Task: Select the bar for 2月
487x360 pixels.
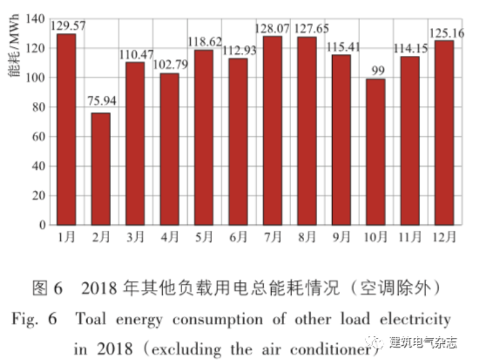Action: (101, 169)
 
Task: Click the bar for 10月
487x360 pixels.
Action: (375, 152)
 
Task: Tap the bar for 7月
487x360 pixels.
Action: (272, 130)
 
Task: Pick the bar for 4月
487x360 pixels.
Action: (169, 149)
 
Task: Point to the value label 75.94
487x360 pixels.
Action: (101, 101)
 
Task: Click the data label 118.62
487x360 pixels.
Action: (204, 40)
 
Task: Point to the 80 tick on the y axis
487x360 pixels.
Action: (42, 107)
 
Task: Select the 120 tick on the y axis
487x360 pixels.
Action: (39, 49)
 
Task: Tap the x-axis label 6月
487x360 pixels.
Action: (239, 237)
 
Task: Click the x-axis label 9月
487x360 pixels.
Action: (341, 237)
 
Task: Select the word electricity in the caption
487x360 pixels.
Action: (414, 319)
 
